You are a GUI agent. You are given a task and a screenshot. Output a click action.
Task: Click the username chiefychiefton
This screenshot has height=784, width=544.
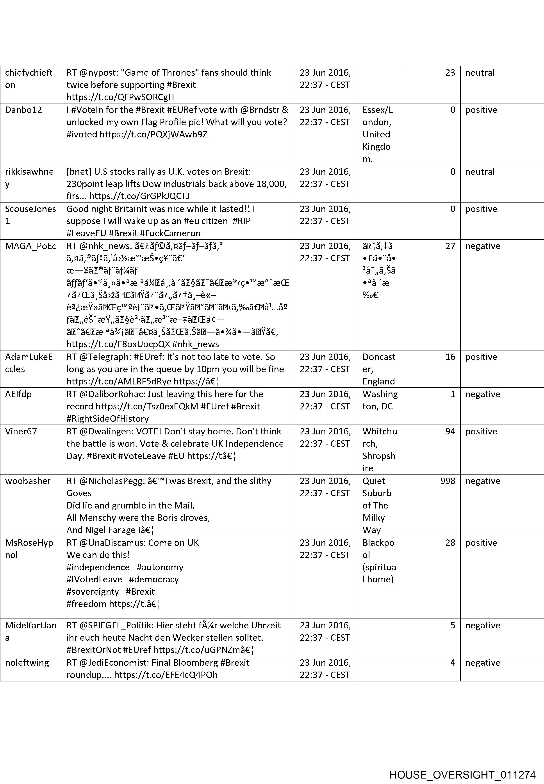click(29, 79)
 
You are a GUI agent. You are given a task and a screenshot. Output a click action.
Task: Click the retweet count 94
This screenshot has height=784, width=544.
click(450, 431)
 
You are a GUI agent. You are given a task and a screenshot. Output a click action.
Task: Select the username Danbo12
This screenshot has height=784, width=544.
click(23, 110)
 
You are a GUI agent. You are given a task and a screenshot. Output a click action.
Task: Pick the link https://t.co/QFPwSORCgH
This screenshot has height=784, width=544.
click(120, 97)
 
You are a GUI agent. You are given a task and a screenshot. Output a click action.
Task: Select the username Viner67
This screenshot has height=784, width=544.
click(21, 431)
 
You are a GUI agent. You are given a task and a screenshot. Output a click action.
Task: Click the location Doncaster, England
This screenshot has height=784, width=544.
click(379, 369)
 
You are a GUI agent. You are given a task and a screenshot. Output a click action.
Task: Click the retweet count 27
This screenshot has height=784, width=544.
click(450, 246)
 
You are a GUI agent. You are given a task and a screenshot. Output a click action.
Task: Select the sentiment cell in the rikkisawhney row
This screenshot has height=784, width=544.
click(480, 171)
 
